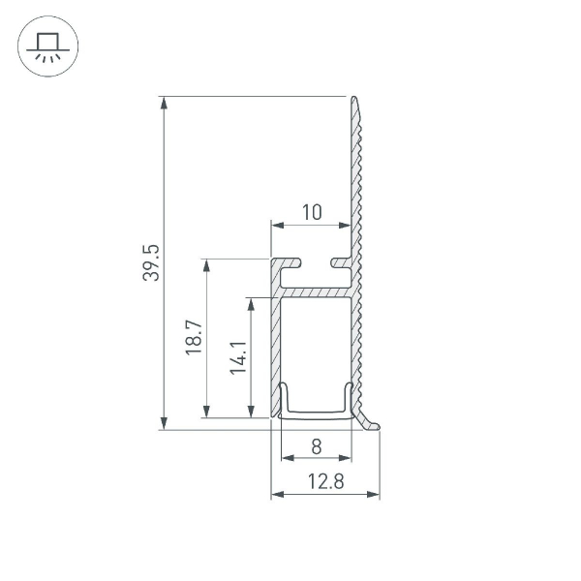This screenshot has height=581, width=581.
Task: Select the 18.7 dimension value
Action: [x=193, y=338]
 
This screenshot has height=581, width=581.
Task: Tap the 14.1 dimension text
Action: [x=238, y=357]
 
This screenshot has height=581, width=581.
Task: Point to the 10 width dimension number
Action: [x=311, y=212]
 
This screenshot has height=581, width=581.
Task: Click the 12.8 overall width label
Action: [x=324, y=482]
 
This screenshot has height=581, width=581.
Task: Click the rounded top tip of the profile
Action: [x=354, y=100]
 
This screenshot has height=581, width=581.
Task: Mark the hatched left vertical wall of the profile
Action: [x=275, y=349]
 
